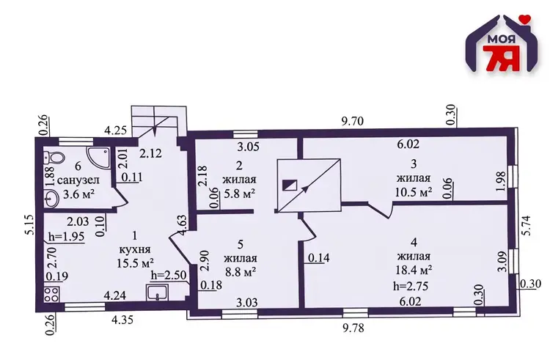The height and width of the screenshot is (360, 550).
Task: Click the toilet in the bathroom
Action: click(54, 156)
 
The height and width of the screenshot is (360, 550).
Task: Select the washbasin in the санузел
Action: click(51, 199)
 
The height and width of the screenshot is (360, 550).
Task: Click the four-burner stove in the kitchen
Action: click(51, 294)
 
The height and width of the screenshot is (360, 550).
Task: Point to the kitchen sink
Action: click(158, 293)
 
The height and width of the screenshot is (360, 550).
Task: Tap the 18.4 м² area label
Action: click(414, 270)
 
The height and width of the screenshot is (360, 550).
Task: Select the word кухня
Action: click(135, 249)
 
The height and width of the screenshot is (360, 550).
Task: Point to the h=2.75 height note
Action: click(411, 286)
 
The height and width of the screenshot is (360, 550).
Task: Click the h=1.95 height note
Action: click(67, 237)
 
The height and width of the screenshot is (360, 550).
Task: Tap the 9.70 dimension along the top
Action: click(353, 121)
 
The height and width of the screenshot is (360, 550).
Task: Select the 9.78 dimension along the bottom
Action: click(353, 328)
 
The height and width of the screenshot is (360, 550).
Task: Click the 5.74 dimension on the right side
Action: click(527, 226)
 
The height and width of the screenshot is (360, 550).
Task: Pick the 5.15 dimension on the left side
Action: click(29, 225)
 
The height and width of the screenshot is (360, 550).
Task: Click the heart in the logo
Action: click(525, 18)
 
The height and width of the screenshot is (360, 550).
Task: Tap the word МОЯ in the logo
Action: click(502, 39)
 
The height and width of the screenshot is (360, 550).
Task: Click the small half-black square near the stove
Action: click(290, 185)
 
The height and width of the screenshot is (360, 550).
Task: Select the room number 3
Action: click(414, 164)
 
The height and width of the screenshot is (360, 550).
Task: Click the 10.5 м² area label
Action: click(414, 192)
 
